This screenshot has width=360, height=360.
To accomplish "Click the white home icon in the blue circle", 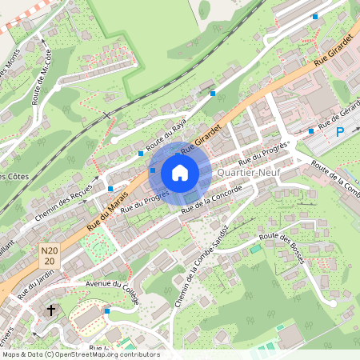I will click(x=180, y=172).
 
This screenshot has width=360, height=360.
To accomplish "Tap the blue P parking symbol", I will click(x=340, y=131).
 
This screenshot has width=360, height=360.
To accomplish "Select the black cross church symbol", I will click(x=52, y=310).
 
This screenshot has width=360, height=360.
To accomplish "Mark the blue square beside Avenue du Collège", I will click(x=107, y=310).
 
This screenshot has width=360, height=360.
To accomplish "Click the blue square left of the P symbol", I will click(x=311, y=130).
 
